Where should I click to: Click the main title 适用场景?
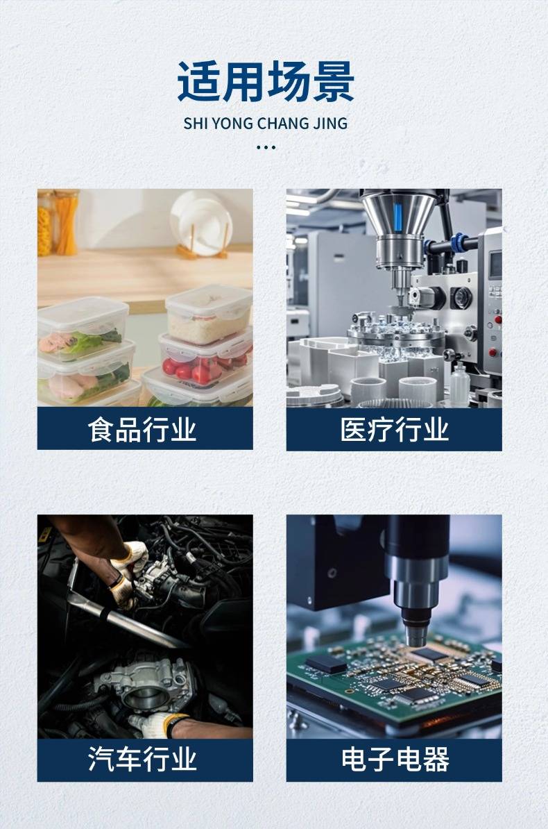point(265,81)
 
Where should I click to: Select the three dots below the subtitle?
point(266,147)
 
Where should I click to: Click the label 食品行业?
point(142,429)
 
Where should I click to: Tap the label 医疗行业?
point(394,429)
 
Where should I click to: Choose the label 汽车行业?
point(142,759)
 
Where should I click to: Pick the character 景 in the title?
point(334,81)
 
